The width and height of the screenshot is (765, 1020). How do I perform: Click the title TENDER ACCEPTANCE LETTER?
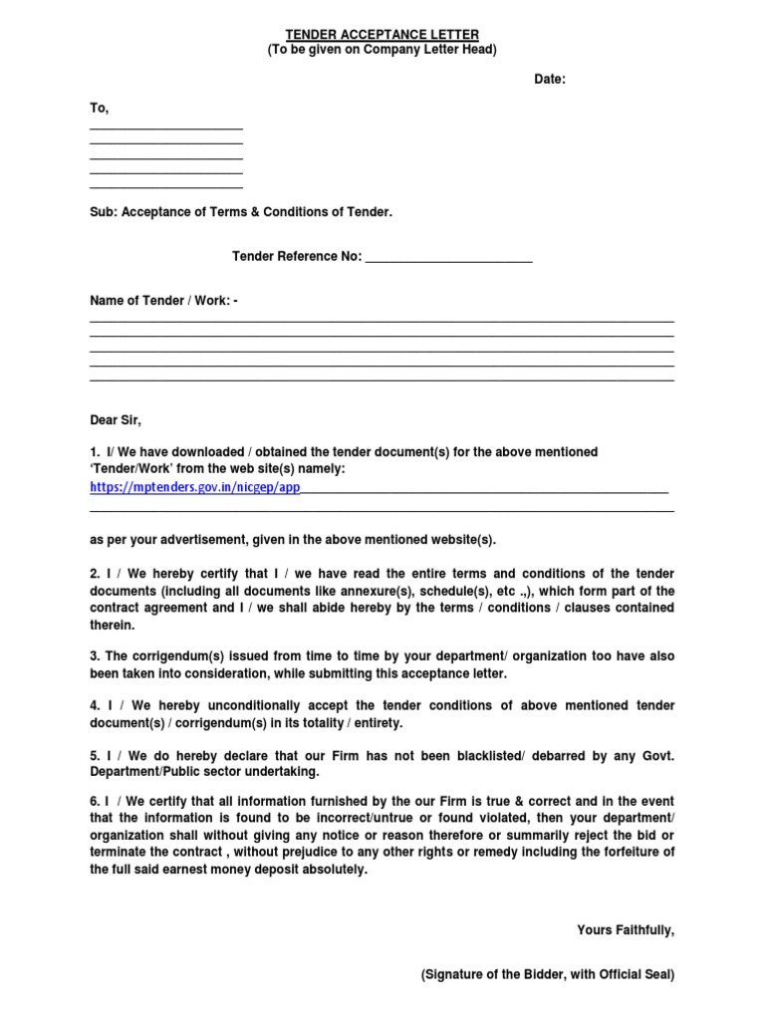(x=382, y=33)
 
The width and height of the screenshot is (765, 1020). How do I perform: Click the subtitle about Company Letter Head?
(x=382, y=50)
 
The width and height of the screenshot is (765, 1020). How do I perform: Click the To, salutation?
(x=100, y=108)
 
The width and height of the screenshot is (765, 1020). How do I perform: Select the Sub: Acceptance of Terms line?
(x=241, y=212)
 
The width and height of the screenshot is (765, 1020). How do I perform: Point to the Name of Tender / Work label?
(x=163, y=301)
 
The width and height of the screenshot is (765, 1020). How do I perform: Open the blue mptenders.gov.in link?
(x=194, y=488)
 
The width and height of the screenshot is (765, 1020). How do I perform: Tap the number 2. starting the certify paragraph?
(x=96, y=574)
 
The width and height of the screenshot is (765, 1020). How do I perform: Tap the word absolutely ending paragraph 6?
(x=331, y=870)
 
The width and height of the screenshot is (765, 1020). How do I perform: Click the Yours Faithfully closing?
(x=626, y=930)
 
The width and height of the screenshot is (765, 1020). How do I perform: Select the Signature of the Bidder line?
(x=547, y=976)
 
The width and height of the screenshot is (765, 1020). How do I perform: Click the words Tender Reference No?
(x=297, y=257)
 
